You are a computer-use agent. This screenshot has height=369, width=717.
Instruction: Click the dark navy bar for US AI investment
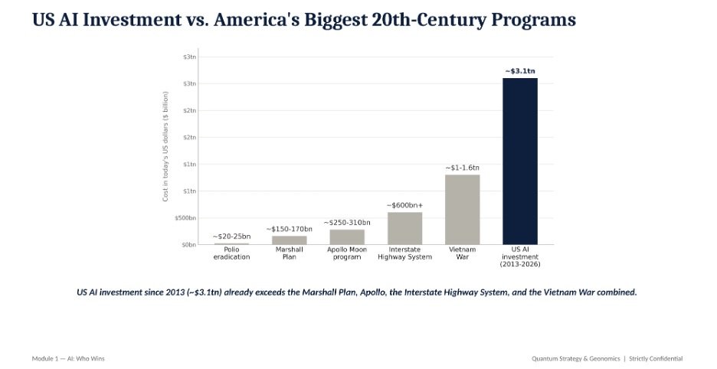click(520, 161)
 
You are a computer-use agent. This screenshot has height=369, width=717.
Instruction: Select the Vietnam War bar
click(463, 210)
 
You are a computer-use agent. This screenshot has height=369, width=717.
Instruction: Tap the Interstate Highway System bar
click(404, 228)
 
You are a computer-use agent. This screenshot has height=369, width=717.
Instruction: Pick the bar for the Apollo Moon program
click(347, 237)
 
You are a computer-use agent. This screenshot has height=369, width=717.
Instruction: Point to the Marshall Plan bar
click(290, 240)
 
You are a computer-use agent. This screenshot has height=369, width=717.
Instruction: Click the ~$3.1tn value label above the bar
click(520, 71)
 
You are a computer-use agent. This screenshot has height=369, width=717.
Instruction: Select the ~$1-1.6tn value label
click(463, 168)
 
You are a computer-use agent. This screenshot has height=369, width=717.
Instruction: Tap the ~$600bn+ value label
click(404, 205)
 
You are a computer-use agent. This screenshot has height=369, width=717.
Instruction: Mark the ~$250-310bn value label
click(347, 223)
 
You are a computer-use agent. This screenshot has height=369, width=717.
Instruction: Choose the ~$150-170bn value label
click(290, 229)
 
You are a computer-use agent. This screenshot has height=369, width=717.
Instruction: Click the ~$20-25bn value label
click(232, 237)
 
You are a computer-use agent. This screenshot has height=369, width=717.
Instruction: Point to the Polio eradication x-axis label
click(232, 253)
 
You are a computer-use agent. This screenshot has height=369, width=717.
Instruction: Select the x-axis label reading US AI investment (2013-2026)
click(520, 257)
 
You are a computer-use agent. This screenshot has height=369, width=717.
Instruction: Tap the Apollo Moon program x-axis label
click(347, 253)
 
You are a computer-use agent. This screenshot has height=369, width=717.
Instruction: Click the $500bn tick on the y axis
click(185, 218)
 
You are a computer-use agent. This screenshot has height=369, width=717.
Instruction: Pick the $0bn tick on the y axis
click(189, 245)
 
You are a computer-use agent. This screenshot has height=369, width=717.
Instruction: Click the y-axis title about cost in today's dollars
click(165, 146)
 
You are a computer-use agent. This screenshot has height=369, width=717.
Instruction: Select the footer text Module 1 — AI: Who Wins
click(68, 358)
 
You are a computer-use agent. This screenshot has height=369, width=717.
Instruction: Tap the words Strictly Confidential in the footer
click(656, 358)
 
